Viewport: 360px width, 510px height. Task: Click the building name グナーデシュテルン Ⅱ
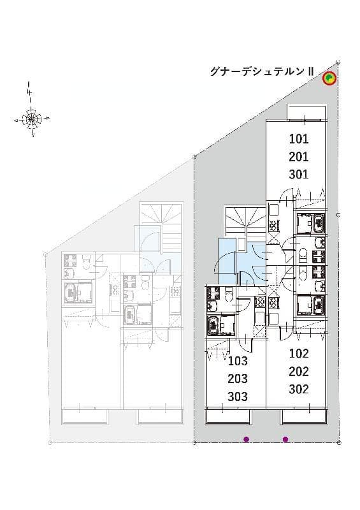(x=261, y=71)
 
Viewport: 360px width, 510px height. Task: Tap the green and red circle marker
(x=329, y=78)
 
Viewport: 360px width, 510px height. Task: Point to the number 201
(x=298, y=157)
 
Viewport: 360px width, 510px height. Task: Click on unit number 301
(x=298, y=174)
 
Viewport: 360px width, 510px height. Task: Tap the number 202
(x=298, y=372)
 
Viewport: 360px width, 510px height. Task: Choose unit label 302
(x=298, y=389)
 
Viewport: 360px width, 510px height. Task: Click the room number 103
(x=237, y=361)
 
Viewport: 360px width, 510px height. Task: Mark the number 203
(x=237, y=379)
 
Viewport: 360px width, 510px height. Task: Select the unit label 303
(x=237, y=396)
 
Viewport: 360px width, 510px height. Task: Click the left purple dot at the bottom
(x=246, y=439)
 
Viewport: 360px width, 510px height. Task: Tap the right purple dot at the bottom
(x=285, y=439)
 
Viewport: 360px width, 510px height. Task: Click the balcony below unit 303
(x=228, y=417)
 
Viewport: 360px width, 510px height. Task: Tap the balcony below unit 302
(x=303, y=417)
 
